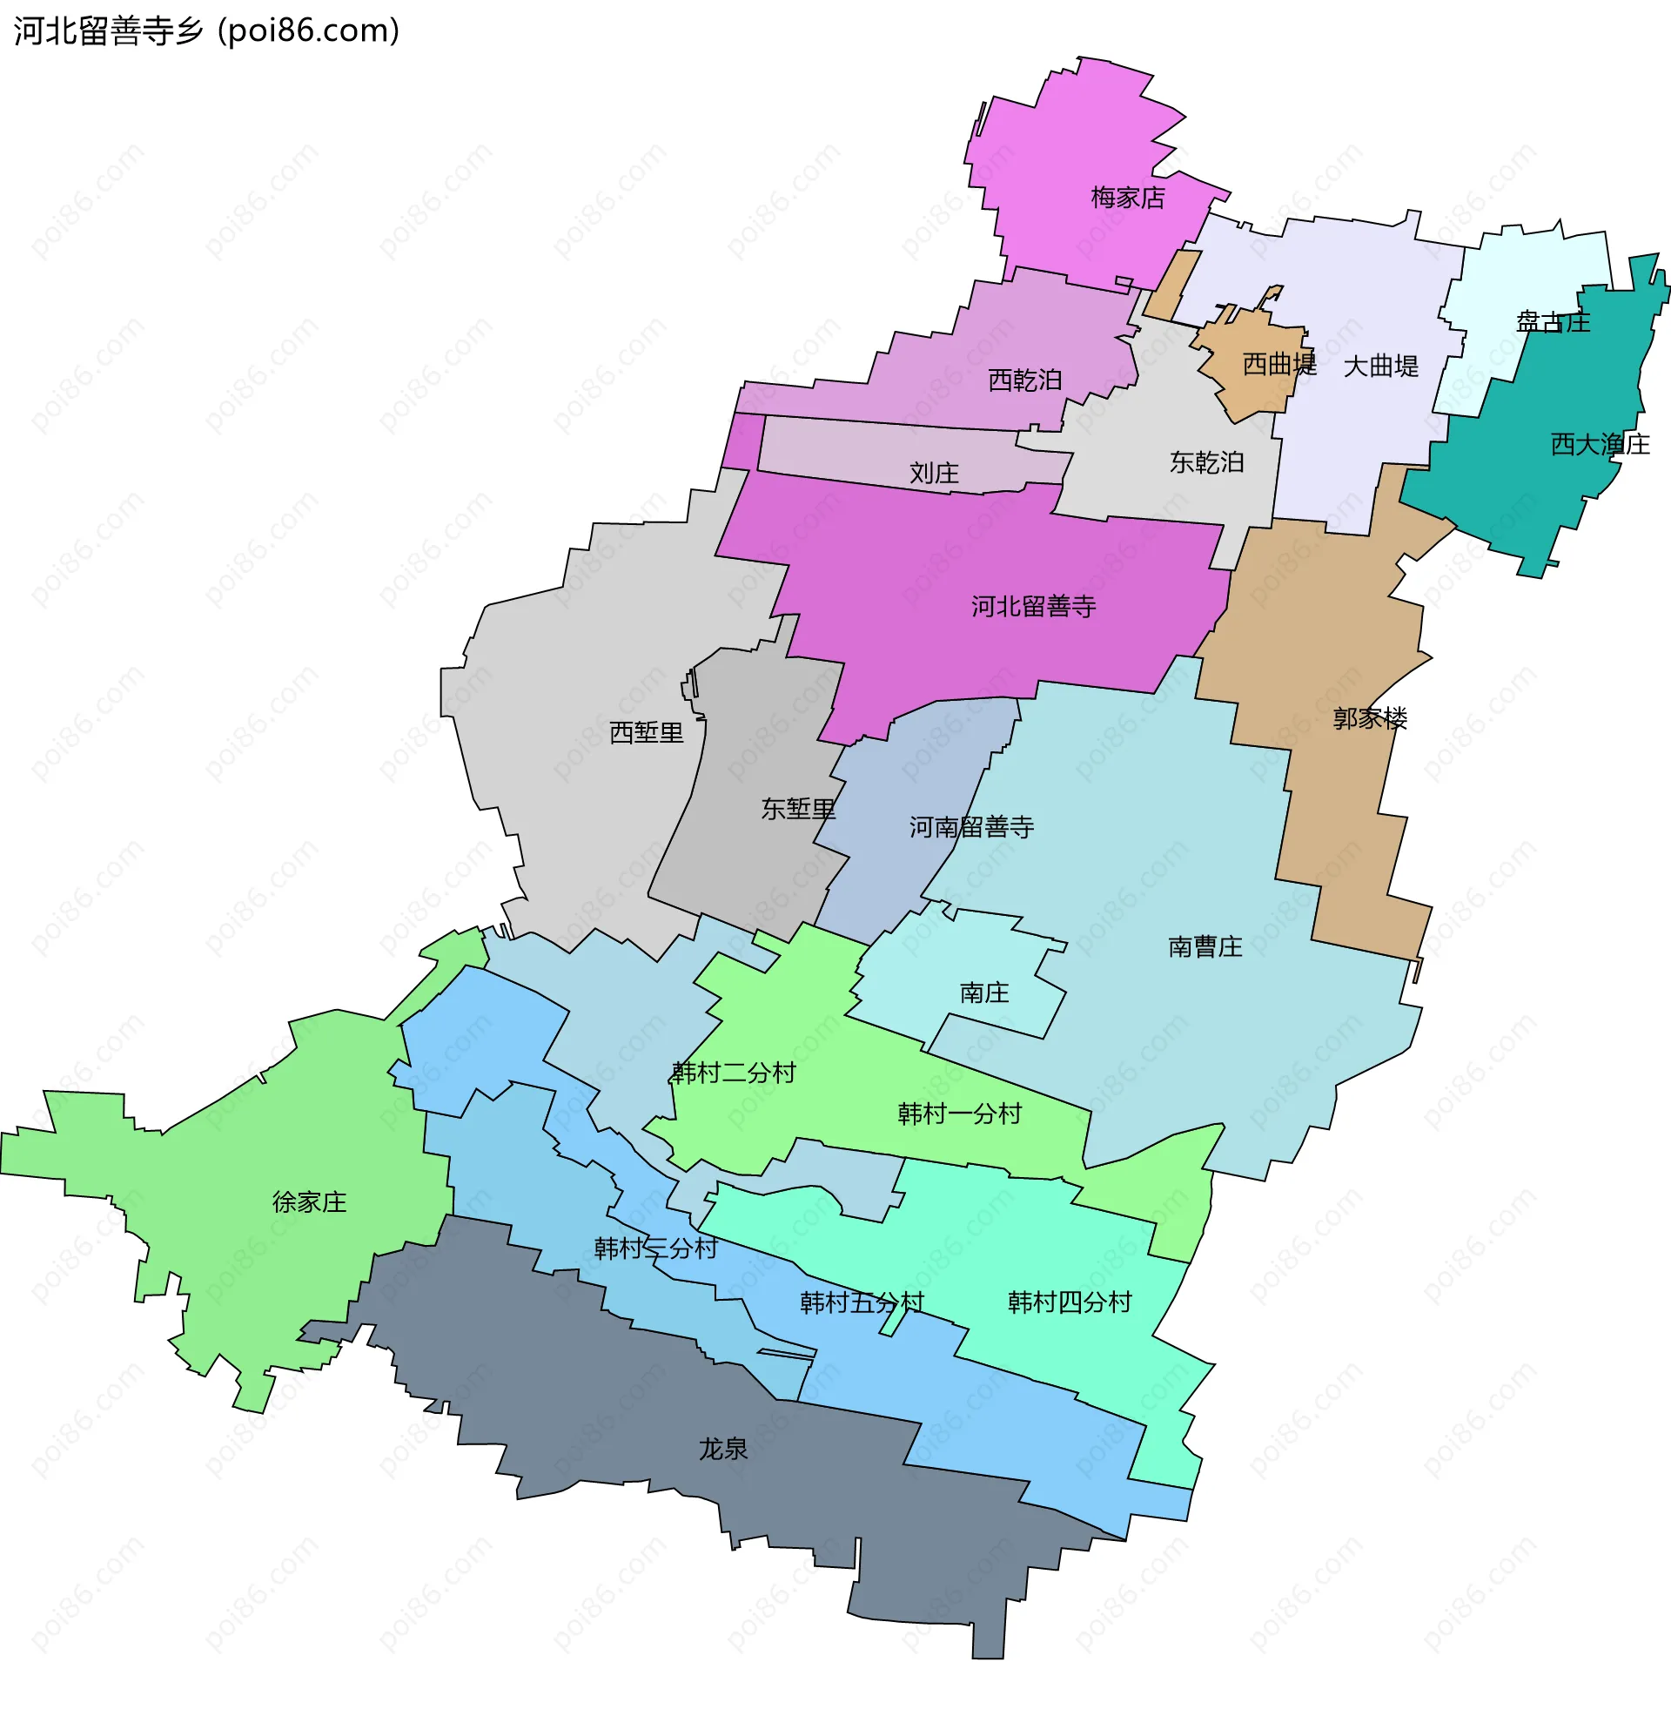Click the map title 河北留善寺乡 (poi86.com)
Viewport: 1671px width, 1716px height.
(206, 30)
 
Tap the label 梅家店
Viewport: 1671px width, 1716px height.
(1128, 198)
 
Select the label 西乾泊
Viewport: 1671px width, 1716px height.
(1025, 380)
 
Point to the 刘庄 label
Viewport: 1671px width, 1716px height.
(934, 474)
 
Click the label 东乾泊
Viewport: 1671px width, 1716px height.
(1207, 462)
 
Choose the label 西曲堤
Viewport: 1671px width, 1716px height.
(1279, 364)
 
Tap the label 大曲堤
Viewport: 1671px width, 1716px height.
(1381, 366)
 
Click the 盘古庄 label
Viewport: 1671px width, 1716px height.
(1554, 322)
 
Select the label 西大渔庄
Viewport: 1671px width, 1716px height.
(1601, 444)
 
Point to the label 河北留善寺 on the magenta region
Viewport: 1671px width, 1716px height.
(1034, 607)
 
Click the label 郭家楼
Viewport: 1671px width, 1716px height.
(1370, 719)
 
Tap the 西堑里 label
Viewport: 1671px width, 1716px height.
(647, 733)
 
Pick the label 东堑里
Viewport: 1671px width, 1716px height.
(799, 810)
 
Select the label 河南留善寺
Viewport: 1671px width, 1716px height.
(971, 827)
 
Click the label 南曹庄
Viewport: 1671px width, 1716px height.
(1205, 946)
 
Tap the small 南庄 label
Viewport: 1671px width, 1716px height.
(984, 993)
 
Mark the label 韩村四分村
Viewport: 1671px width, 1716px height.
(1070, 1302)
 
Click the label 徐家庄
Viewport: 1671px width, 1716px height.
(310, 1201)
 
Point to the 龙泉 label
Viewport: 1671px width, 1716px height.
(723, 1450)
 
